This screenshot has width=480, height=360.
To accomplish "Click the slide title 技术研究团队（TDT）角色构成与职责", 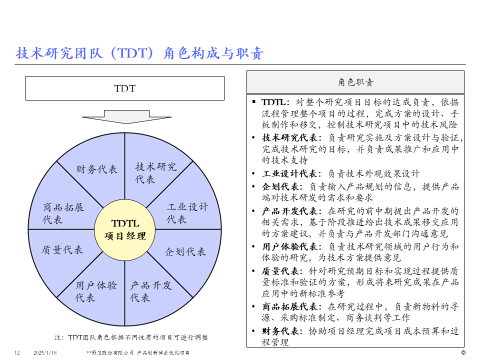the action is pyautogui.click(x=140, y=53).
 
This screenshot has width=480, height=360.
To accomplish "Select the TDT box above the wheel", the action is pyautogui.click(x=124, y=88).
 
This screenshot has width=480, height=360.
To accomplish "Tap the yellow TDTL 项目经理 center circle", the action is pyautogui.click(x=125, y=229).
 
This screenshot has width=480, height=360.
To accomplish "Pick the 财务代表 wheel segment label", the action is pyautogui.click(x=97, y=169).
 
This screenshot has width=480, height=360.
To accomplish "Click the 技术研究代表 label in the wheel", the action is pyautogui.click(x=155, y=172).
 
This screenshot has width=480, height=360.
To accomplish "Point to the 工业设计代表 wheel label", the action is pyautogui.click(x=187, y=213).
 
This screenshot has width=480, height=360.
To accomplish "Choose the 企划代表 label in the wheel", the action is pyautogui.click(x=185, y=252).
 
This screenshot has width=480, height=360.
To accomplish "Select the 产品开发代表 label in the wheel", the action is pyautogui.click(x=151, y=291).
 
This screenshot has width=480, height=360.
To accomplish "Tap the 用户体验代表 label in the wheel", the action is pyautogui.click(x=96, y=291).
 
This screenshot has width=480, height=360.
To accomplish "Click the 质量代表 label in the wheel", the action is pyautogui.click(x=62, y=249).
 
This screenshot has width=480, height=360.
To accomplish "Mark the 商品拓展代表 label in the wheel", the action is pyautogui.click(x=63, y=213).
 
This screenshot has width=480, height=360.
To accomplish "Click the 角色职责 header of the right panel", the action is pyautogui.click(x=355, y=82).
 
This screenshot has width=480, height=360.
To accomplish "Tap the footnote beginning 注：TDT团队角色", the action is pyautogui.click(x=131, y=337).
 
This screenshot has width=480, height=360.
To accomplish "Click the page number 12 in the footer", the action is pyautogui.click(x=16, y=353).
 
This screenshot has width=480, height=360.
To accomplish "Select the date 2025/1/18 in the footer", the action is pyautogui.click(x=45, y=353).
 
